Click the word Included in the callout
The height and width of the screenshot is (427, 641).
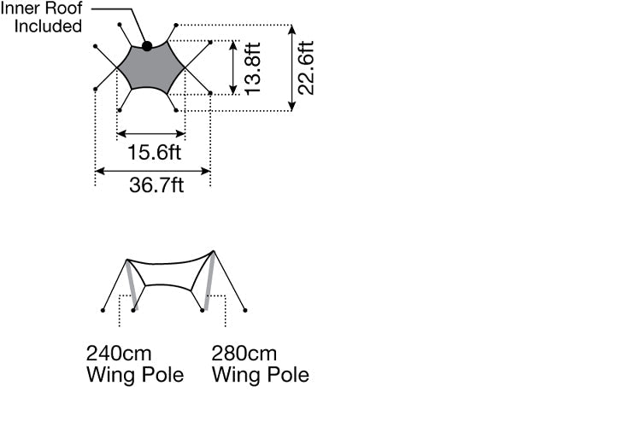click(48, 26)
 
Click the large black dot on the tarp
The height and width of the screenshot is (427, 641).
click(147, 46)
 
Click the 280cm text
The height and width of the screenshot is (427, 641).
click(245, 354)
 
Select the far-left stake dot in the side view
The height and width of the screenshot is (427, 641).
click(103, 311)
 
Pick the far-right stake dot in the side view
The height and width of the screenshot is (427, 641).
click(245, 311)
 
